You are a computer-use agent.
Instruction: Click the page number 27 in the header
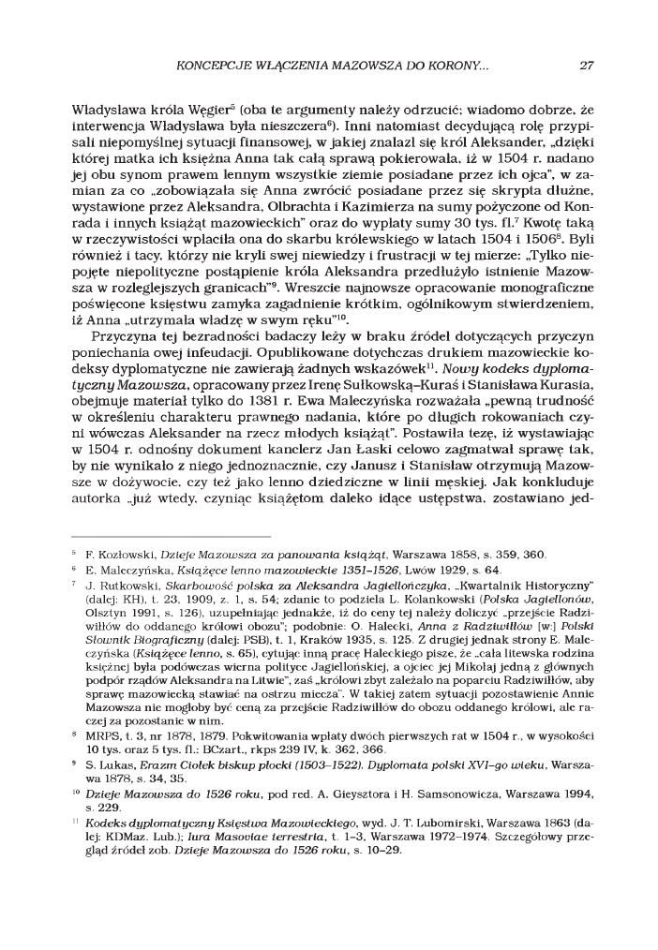[x=587, y=67]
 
